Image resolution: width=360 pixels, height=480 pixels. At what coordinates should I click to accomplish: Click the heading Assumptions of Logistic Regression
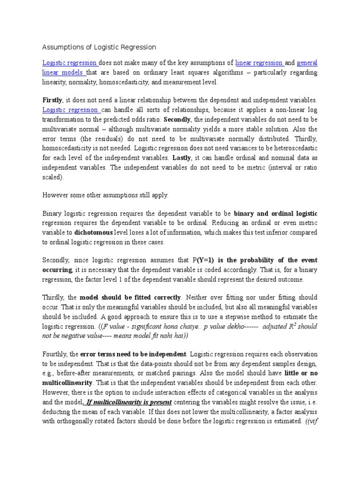[99, 47]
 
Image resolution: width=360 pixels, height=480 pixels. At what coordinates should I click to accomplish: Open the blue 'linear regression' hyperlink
[259, 63]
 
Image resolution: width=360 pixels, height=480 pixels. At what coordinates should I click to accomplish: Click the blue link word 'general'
[307, 63]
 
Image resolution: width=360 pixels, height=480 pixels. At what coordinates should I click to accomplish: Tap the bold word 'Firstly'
[52, 100]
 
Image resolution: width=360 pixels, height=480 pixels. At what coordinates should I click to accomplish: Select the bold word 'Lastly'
[182, 158]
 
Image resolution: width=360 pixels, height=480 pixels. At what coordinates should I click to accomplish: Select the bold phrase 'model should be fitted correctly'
[130, 297]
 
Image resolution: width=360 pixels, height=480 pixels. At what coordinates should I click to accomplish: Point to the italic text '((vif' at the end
[311, 421]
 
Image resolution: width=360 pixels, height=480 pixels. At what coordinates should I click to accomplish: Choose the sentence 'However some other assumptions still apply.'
[105, 195]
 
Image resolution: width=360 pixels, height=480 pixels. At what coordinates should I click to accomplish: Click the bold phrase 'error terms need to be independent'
[134, 354]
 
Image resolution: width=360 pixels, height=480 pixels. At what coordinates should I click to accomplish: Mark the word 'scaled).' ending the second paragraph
[54, 178]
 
